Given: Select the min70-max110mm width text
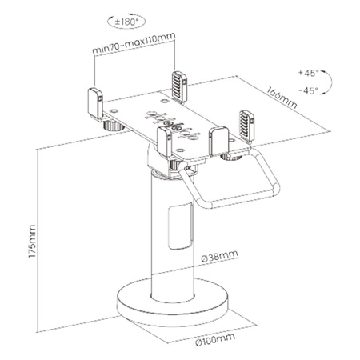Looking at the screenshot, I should (x=132, y=50).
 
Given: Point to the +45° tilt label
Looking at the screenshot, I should (x=308, y=72).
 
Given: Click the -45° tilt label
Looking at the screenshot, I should (x=308, y=91).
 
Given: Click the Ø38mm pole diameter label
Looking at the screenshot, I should (x=218, y=257).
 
